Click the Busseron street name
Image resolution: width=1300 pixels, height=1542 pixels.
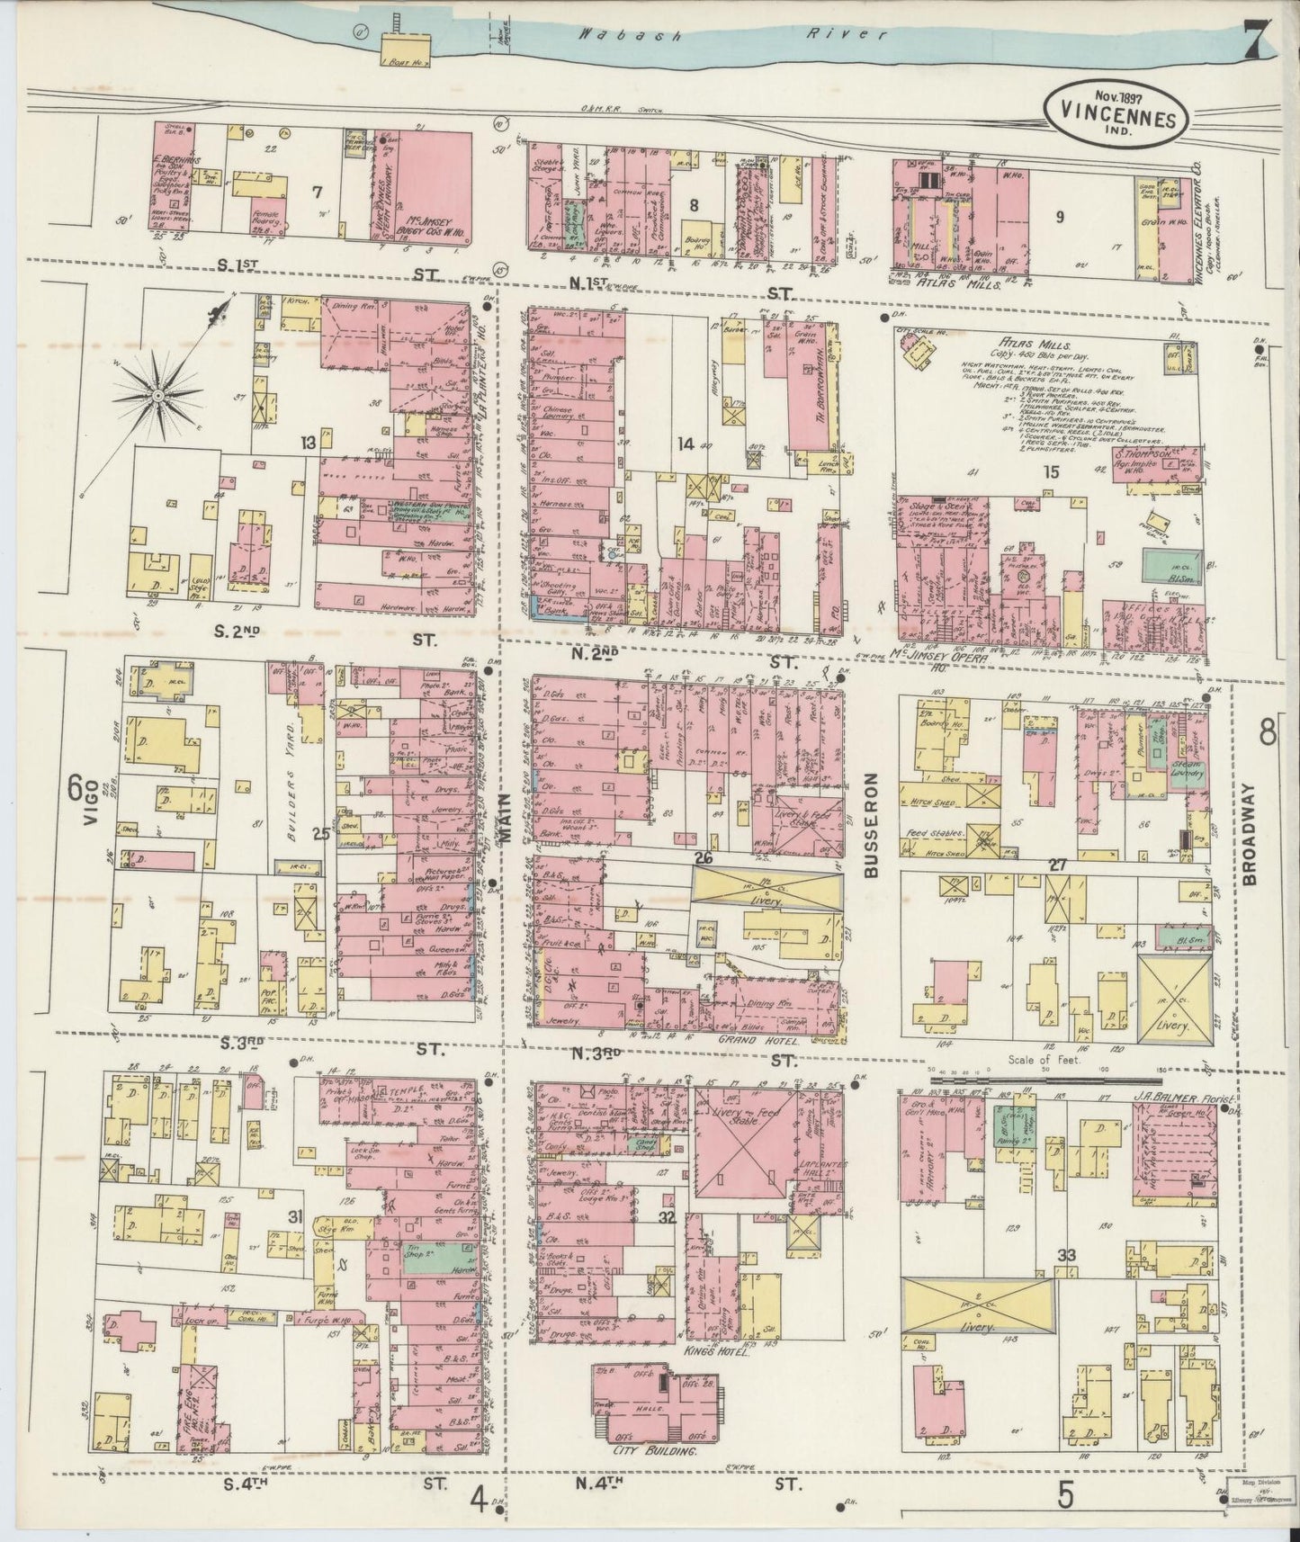[870, 825]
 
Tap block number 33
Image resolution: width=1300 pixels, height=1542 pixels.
[1067, 1255]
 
